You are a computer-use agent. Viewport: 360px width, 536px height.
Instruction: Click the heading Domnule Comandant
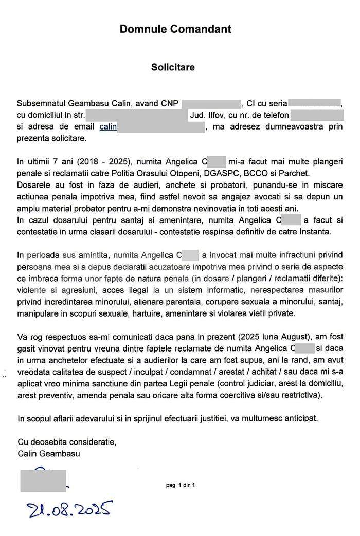pos(175,29)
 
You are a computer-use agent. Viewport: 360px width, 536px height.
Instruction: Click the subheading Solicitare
pos(173,67)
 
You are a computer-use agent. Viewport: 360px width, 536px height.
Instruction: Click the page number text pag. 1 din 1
pos(180,485)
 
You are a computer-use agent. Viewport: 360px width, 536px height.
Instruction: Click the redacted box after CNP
pos(211,103)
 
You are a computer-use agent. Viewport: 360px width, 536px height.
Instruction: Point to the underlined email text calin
pos(108,126)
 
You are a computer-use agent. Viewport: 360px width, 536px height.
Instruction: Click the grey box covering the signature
pos(43,479)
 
